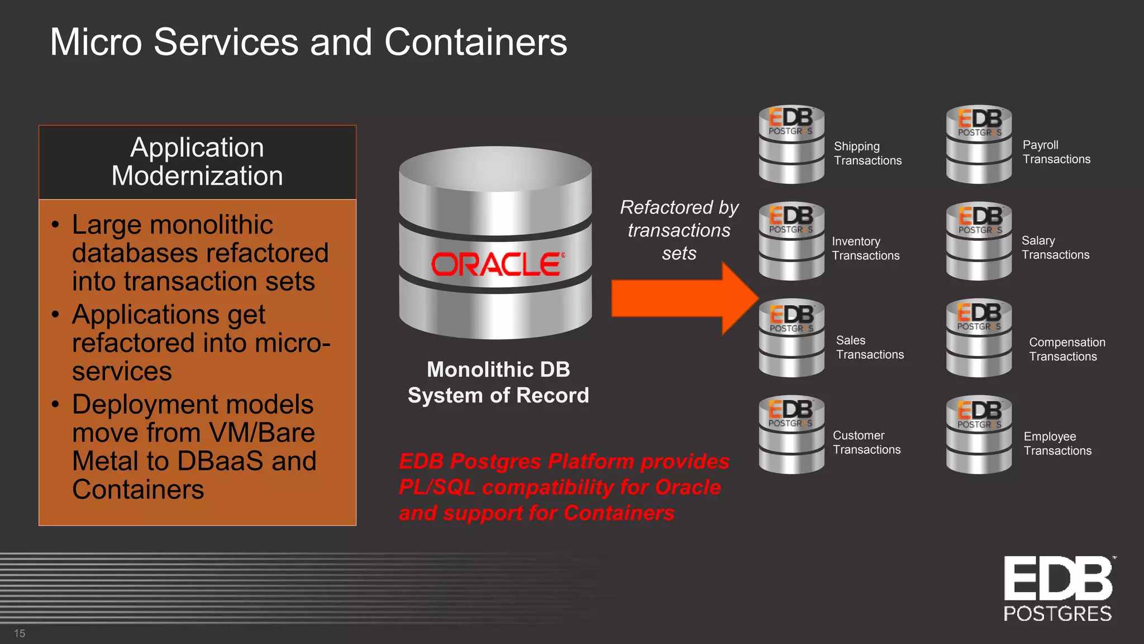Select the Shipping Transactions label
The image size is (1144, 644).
coord(867,153)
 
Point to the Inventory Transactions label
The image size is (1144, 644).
coord(865,248)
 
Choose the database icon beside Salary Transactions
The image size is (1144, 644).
coord(979,241)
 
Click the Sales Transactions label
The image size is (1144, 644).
coord(869,347)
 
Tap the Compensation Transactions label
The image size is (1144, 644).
coord(1066,349)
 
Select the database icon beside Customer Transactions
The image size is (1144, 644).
coord(791,434)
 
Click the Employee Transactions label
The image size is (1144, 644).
coord(1057,443)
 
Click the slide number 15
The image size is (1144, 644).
coord(20,633)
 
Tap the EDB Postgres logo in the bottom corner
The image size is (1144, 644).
coord(1058,589)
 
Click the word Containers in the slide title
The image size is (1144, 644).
coord(475,42)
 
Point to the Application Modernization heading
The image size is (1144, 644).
coord(197,162)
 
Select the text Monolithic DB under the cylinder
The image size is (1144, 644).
coord(498,370)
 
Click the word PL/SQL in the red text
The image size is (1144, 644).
coord(436,487)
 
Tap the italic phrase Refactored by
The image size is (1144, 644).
coord(679,207)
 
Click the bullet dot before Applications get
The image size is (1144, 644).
coord(55,315)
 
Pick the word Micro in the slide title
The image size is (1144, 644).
coord(96,42)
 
